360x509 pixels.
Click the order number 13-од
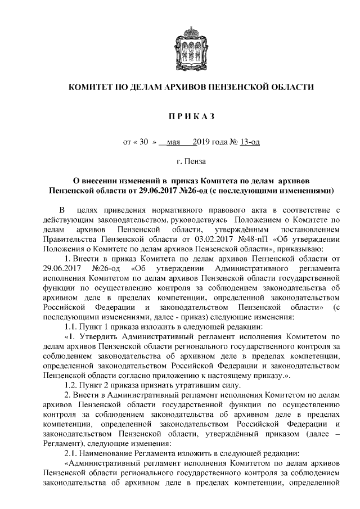[x=249, y=142]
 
